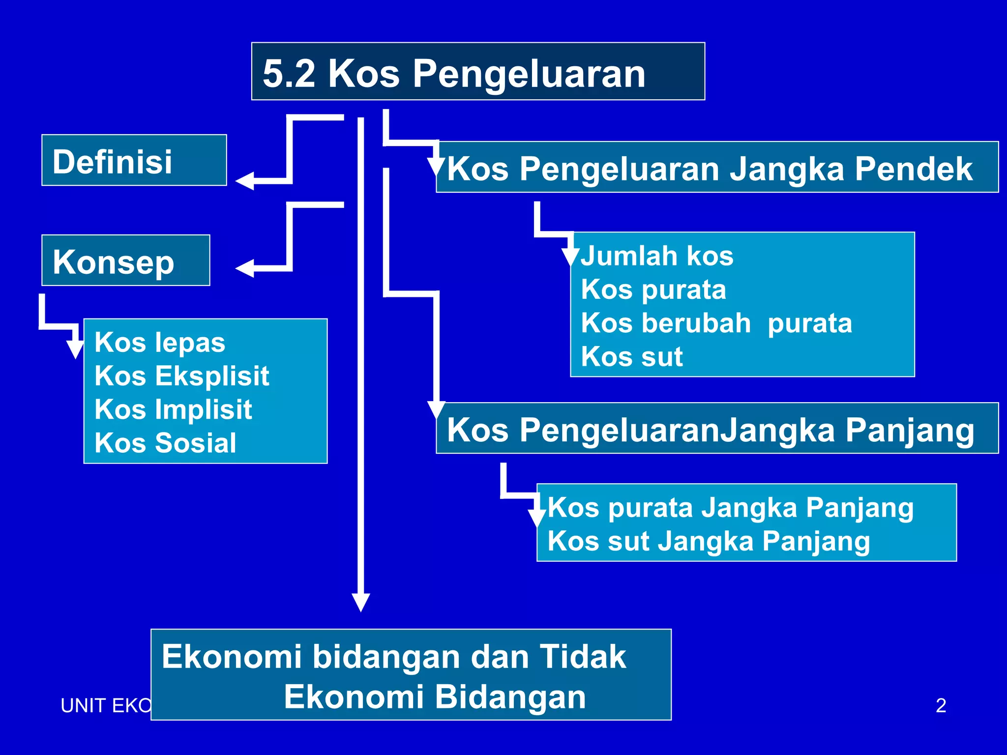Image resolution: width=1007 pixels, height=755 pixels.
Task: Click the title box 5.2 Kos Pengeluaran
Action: (x=477, y=72)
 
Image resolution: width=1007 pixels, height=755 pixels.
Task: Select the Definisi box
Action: (x=134, y=161)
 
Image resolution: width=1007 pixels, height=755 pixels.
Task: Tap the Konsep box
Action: (x=125, y=261)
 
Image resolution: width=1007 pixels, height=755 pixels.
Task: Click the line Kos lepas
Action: (x=160, y=343)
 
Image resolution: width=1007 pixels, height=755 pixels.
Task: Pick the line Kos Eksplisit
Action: (x=181, y=376)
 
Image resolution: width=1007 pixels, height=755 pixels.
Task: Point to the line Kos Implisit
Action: (x=173, y=409)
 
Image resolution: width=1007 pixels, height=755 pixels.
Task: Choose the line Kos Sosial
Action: (x=165, y=443)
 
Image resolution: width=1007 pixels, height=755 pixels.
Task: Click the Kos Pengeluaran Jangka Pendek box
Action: (x=716, y=168)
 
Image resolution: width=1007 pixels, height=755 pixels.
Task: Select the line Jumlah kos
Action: (x=657, y=256)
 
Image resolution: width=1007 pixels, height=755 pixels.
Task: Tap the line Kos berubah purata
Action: (x=716, y=323)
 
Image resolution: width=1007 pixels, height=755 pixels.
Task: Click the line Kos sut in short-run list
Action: (x=632, y=357)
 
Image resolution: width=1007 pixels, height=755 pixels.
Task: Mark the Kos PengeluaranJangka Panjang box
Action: (x=716, y=429)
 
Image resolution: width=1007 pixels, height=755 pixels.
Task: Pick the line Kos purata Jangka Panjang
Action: (x=730, y=508)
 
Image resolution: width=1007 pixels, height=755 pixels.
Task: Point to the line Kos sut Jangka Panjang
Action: (x=709, y=541)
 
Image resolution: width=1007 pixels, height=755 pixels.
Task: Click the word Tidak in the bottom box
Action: (x=583, y=657)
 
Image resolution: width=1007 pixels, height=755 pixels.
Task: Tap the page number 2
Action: (x=941, y=705)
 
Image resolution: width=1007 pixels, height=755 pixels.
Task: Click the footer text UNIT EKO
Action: (x=106, y=706)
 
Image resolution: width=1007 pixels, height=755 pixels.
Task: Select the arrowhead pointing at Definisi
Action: (x=245, y=181)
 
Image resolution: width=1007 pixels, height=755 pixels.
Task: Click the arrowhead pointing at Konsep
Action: (x=245, y=268)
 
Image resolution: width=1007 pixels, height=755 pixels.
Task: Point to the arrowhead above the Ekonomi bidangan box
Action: (x=360, y=602)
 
